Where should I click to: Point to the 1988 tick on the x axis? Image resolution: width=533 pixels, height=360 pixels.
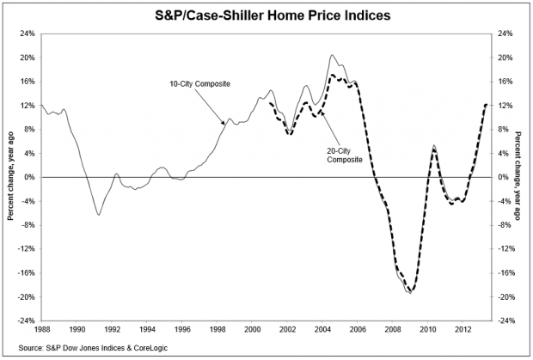[42, 328]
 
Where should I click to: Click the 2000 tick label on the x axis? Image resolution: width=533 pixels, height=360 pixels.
[252, 328]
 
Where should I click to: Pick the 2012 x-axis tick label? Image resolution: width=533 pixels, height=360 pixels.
[463, 328]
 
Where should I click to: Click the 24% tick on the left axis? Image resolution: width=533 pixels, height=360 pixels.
[27, 34]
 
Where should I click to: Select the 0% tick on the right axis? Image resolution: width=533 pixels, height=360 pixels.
[500, 177]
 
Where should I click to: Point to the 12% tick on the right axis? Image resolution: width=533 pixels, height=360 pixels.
[503, 106]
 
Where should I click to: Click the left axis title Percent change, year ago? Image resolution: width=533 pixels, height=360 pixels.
[10, 177]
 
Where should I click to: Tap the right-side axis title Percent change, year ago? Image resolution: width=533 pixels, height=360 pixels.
[519, 177]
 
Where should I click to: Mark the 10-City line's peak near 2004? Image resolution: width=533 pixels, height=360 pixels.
[332, 56]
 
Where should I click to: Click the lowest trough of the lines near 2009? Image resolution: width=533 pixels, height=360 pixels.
[410, 293]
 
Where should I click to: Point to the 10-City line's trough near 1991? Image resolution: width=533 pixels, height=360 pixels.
[99, 214]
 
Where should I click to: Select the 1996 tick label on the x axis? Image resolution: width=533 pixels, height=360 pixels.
[182, 328]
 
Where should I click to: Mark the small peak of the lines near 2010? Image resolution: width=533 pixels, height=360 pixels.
[434, 146]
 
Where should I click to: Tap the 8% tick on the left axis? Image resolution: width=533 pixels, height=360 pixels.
[28, 130]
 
